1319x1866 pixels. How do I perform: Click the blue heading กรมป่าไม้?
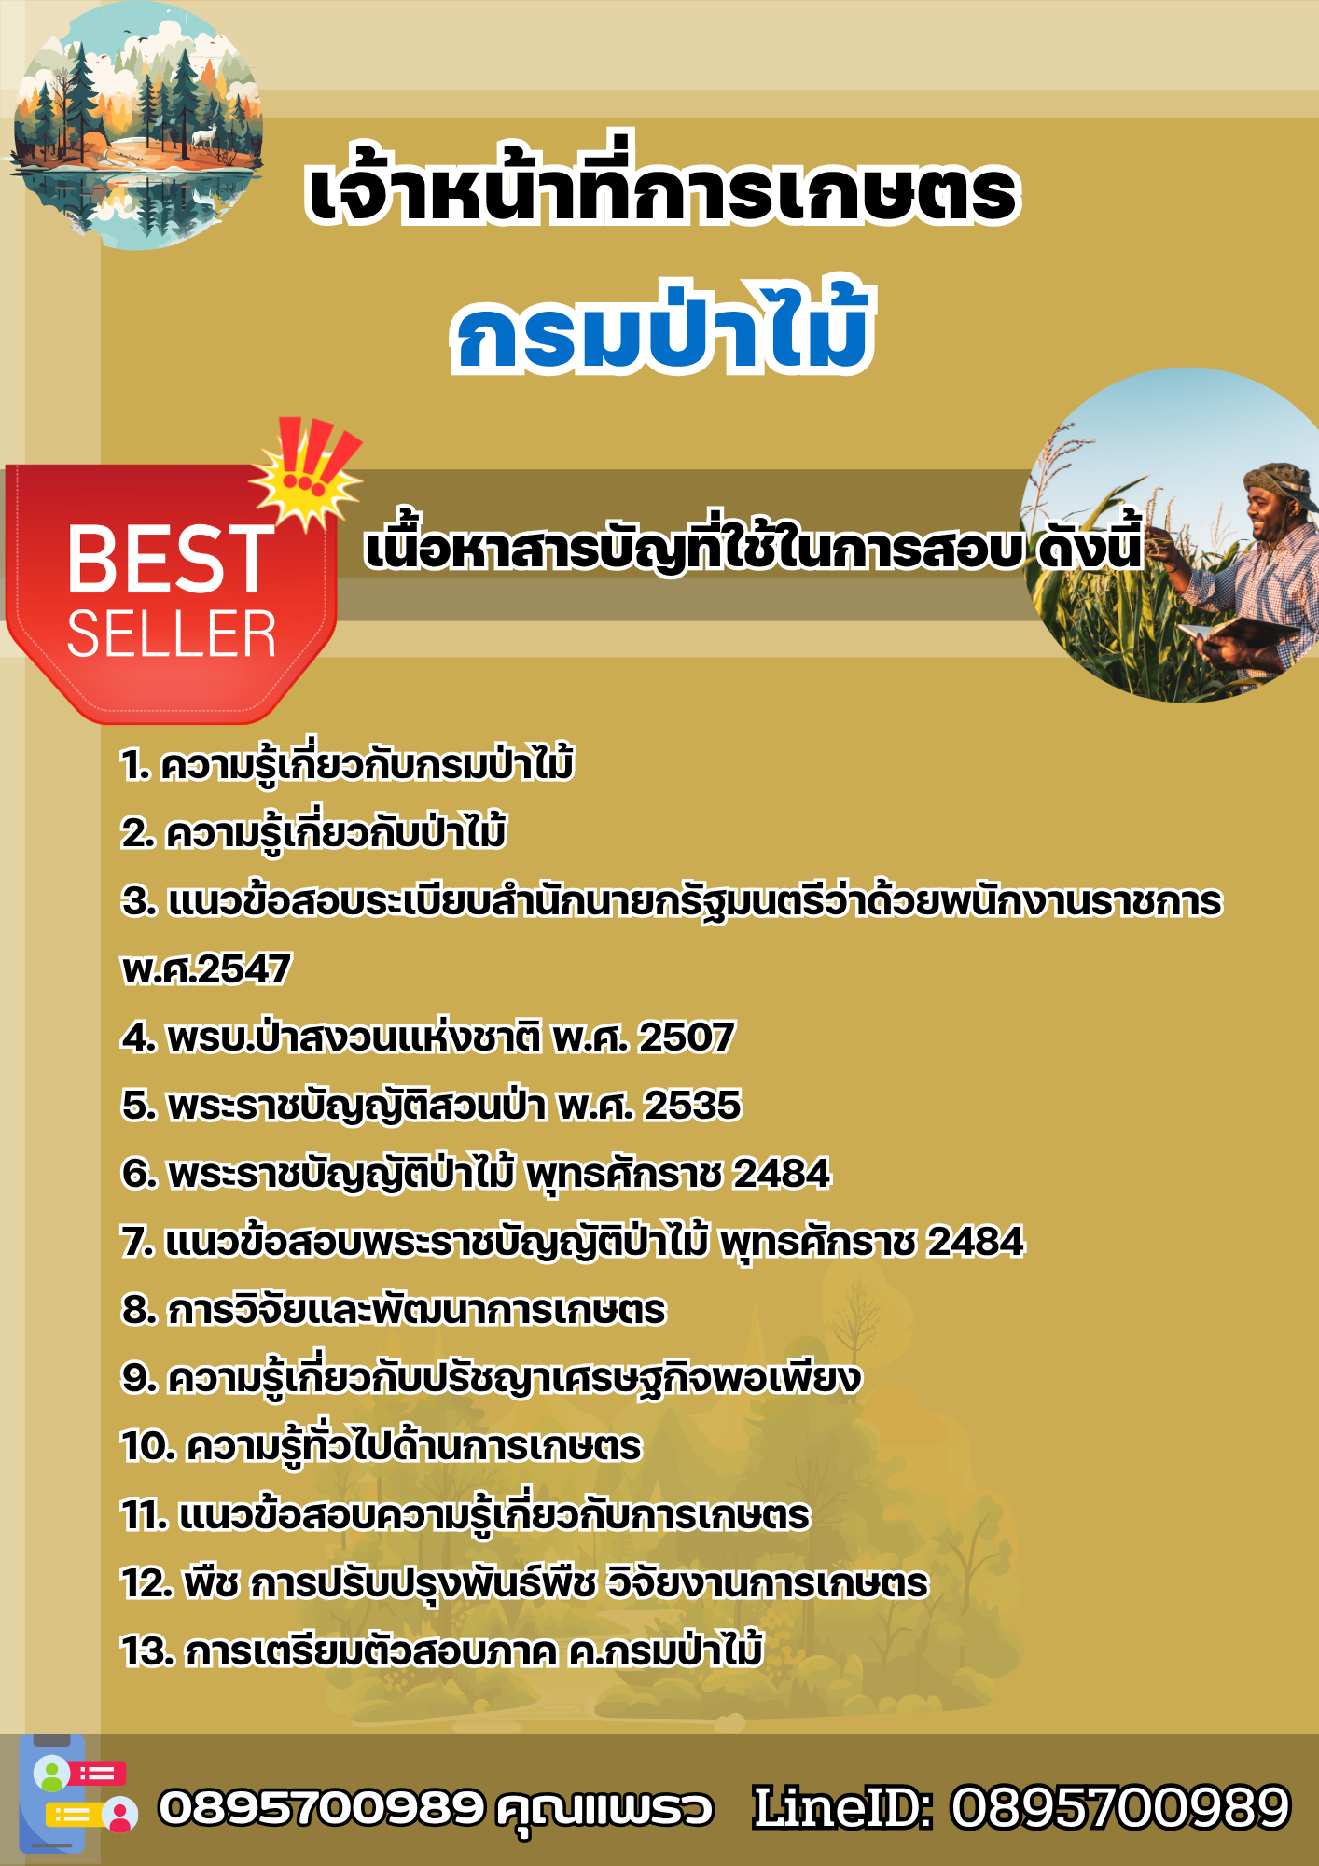pyautogui.click(x=662, y=328)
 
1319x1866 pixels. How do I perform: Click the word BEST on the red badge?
pyautogui.click(x=170, y=560)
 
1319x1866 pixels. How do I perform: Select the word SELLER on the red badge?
pyautogui.click(x=172, y=635)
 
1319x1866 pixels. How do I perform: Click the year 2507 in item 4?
pyautogui.click(x=687, y=1037)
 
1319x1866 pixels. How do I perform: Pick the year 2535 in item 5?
pyautogui.click(x=693, y=1106)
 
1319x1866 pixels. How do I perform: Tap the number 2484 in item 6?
pyautogui.click(x=782, y=1174)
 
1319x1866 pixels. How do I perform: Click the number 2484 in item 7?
pyautogui.click(x=976, y=1242)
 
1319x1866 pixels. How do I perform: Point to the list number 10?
pyautogui.click(x=149, y=1446)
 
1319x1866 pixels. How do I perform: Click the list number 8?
pyautogui.click(x=139, y=1310)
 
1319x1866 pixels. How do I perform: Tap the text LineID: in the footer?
pyautogui.click(x=843, y=1808)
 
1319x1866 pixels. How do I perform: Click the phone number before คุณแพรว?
pyautogui.click(x=322, y=1808)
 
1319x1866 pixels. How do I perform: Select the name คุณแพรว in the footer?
pyautogui.click(x=605, y=1810)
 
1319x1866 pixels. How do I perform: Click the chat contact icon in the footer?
pyautogui.click(x=82, y=1794)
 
